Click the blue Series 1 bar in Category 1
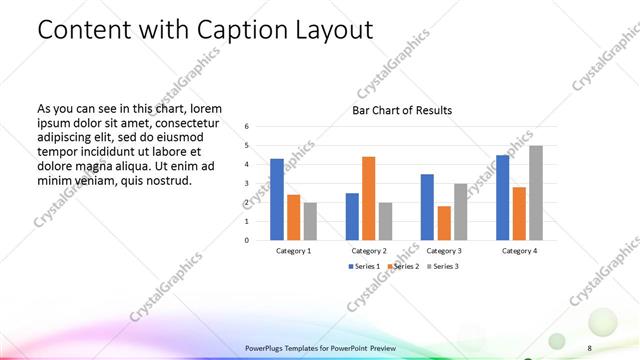click(277, 199)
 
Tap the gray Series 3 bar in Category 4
click(536, 192)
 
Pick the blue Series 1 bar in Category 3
click(427, 207)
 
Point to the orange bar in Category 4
click(519, 213)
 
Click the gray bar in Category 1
click(309, 221)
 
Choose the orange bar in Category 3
click(444, 223)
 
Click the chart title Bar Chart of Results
click(401, 110)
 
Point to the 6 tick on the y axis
click(247, 127)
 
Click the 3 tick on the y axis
click(247, 184)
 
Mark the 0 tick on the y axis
click(247, 240)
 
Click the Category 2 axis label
click(369, 251)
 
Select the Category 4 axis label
click(520, 251)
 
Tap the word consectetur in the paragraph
click(183, 122)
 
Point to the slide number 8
click(590, 347)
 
